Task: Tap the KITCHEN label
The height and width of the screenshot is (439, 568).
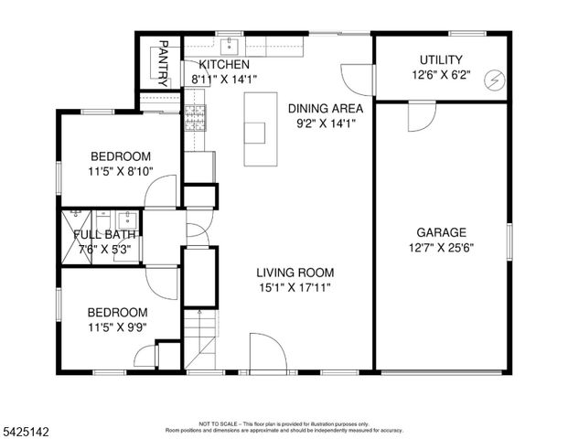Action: point(224,65)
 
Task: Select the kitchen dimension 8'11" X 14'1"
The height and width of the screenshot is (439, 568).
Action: point(224,80)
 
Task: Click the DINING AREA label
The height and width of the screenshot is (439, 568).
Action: point(319,109)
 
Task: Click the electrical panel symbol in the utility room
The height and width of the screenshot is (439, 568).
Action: point(493,80)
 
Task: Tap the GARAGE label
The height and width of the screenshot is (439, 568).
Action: point(442,232)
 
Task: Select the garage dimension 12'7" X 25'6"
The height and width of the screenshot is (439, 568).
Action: point(442,247)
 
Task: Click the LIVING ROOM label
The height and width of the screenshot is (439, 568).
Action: point(294,273)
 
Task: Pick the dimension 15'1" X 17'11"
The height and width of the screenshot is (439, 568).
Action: point(294,287)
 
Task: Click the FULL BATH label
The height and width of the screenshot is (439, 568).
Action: point(102,235)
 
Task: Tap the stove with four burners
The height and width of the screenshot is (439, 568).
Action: point(194,116)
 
